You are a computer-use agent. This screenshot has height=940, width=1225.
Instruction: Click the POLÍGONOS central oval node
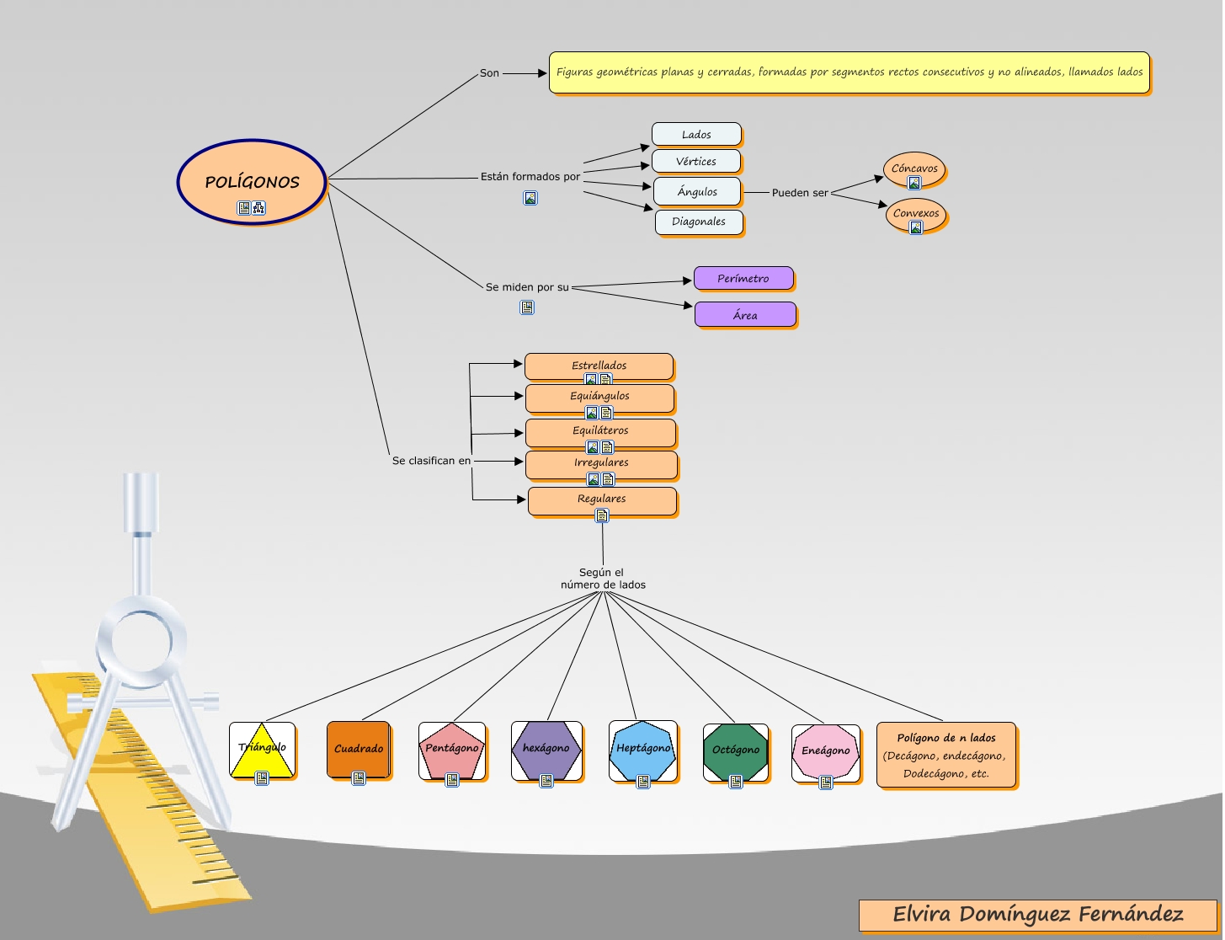[252, 182]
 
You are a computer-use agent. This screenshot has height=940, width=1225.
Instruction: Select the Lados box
[696, 135]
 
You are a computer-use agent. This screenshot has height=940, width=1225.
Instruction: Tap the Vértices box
[696, 162]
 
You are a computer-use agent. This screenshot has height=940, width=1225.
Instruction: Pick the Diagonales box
[699, 222]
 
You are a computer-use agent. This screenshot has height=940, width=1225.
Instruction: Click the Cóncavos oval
[914, 168]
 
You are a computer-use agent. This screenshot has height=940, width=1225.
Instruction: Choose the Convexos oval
[916, 213]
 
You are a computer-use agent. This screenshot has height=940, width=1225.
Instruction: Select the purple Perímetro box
[743, 279]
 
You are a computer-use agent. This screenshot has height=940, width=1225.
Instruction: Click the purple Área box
[745, 315]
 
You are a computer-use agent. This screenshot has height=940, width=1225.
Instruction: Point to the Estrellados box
[599, 366]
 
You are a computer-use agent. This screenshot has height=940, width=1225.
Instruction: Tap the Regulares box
[602, 499]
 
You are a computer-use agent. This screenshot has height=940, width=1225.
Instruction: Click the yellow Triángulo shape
[262, 749]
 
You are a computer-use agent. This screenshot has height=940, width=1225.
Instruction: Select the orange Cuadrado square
[359, 749]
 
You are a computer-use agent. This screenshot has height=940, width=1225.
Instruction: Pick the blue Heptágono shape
[643, 750]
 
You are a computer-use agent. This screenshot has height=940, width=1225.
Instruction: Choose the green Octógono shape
[736, 750]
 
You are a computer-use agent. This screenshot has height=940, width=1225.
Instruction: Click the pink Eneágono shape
[826, 751]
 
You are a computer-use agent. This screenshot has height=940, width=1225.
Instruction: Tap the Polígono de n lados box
[946, 756]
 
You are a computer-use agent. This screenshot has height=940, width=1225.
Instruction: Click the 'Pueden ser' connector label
[800, 193]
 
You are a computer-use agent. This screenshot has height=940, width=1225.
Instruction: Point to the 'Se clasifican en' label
[431, 461]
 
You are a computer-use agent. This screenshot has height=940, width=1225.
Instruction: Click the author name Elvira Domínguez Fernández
[1037, 915]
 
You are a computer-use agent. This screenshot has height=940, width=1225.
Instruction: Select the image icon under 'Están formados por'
[530, 199]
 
